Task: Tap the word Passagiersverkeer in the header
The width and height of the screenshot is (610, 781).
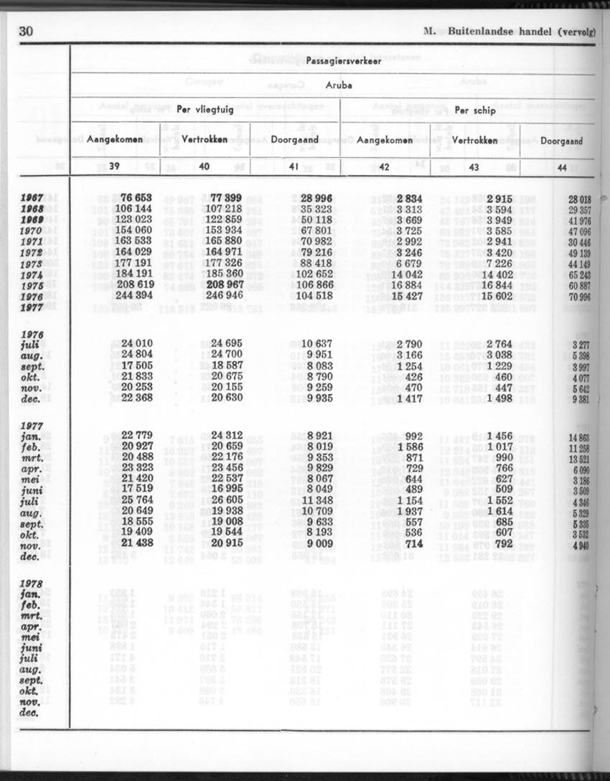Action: tap(334, 61)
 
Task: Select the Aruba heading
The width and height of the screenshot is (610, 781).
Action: tap(333, 85)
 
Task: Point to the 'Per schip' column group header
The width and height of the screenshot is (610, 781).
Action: tap(471, 111)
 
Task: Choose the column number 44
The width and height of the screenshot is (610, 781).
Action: tap(562, 167)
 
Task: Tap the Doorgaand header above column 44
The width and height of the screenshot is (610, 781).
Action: tap(561, 141)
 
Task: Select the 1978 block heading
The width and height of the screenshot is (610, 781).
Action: tap(32, 582)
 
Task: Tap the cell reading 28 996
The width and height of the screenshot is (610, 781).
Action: tap(316, 198)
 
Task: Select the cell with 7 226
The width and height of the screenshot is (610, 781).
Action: tap(498, 263)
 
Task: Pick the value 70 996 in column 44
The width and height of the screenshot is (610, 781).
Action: tap(578, 296)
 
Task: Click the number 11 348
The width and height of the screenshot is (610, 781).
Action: tap(316, 500)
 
